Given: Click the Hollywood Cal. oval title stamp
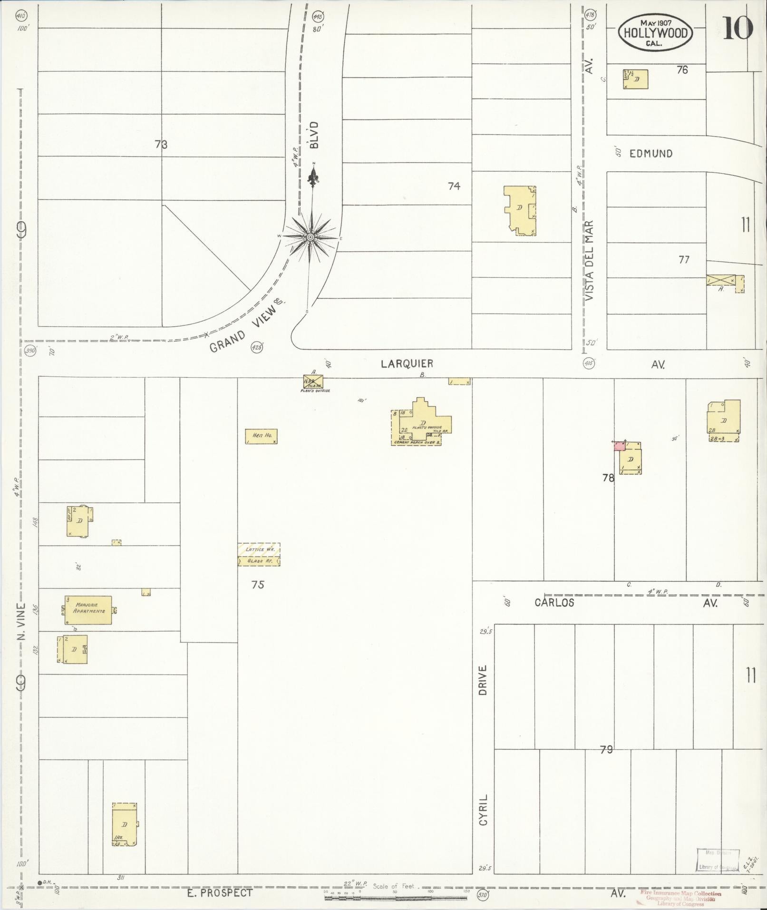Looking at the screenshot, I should coord(655,32).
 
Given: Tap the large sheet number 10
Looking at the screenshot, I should coord(738,29).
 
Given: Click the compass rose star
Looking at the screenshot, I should coord(310,237).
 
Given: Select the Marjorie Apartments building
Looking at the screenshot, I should coord(88,610).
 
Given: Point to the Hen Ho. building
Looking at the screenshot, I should coord(261,436).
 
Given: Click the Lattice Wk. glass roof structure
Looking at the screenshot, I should coord(259,554).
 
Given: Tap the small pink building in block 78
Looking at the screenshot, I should coord(619,446).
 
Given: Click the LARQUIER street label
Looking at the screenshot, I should coord(407,364).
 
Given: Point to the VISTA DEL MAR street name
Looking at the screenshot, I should coord(590,260).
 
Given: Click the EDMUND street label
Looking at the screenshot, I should coord(651,154).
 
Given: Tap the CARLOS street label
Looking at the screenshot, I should coord(554,603).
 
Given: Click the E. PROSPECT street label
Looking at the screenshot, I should coord(219,893).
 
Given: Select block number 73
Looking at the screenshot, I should coord(161,145).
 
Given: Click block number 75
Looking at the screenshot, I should coord(258,585).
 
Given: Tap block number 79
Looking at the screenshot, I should coord(606,750).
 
